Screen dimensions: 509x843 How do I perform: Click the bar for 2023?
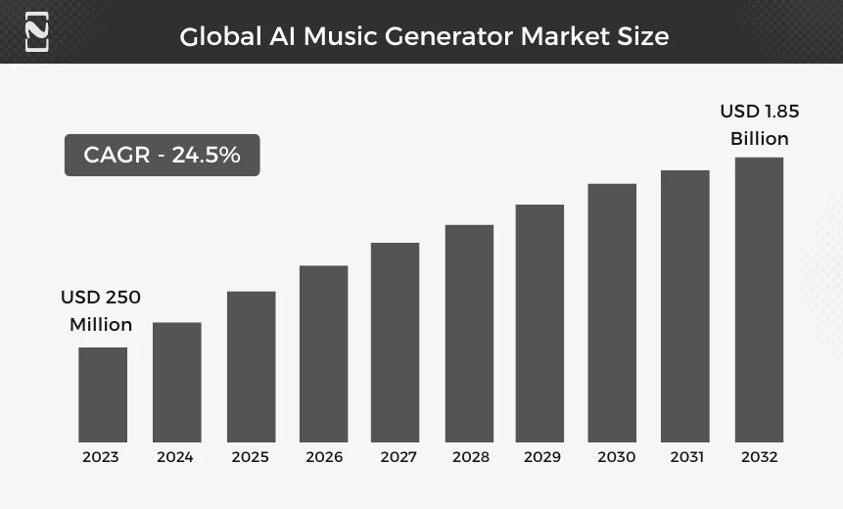tap(103, 394)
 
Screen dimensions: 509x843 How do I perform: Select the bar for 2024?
tap(176, 382)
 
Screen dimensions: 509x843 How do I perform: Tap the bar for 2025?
tap(251, 366)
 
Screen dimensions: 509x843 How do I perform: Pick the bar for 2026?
tap(323, 353)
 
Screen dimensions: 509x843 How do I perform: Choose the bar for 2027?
tap(395, 342)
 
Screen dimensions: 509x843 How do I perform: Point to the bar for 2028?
tap(469, 333)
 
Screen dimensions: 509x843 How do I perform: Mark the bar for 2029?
tap(539, 323)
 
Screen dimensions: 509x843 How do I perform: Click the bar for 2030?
tap(612, 312)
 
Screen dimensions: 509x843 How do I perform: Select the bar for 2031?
tap(684, 305)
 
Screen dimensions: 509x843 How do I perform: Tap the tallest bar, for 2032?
tap(759, 300)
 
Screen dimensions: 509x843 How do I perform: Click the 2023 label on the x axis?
tap(101, 457)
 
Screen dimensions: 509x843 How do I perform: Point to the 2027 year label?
tap(395, 457)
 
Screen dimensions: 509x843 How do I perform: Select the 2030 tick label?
tap(616, 457)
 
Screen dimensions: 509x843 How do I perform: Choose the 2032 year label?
tap(759, 457)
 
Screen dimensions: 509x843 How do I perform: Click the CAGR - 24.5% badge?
tap(162, 155)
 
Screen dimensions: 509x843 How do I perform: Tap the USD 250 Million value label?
tap(101, 310)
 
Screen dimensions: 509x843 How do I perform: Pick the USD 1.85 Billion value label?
tap(759, 124)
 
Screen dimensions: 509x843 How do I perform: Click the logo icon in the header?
tap(36, 31)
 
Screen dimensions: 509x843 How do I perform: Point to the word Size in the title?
tap(643, 37)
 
